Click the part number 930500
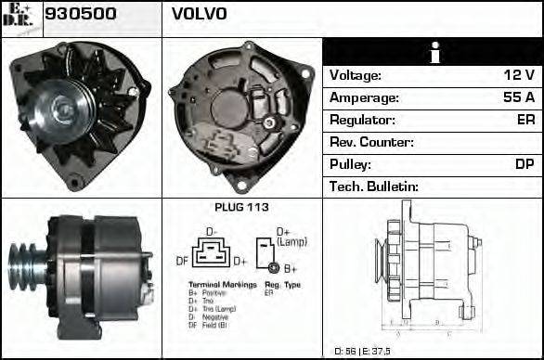coord(80,15)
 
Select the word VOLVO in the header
coord(199,15)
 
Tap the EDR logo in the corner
coord(20,17)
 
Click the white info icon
coord(433,53)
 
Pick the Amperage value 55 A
coord(517,97)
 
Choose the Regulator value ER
coord(525,120)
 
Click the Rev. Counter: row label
coord(371,142)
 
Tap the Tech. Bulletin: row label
coord(374,186)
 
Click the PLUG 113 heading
coord(241,207)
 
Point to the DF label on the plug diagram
coord(182,262)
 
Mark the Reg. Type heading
coord(283,284)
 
